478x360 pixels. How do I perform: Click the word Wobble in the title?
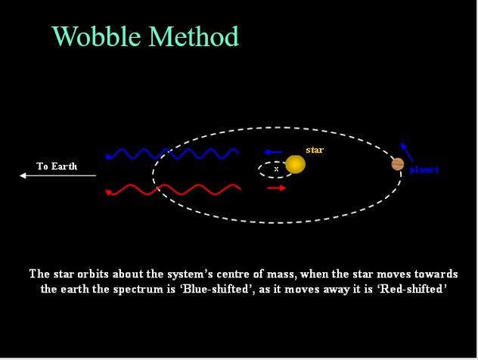97,36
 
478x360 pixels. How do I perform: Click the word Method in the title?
194,36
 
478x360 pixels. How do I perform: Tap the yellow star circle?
295,165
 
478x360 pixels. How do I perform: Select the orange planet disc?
398,164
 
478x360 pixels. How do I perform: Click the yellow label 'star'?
315,150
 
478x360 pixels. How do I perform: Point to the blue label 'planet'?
424,169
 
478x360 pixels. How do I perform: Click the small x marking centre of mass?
276,169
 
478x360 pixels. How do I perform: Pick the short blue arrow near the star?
273,152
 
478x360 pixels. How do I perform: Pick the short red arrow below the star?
276,188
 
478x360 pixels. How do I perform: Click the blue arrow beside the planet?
407,152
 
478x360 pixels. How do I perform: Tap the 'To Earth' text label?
57,166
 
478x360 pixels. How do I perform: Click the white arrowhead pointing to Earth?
23,175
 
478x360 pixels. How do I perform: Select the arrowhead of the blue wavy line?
108,157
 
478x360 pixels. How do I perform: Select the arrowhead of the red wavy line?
108,192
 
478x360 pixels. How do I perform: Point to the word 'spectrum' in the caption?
138,289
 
